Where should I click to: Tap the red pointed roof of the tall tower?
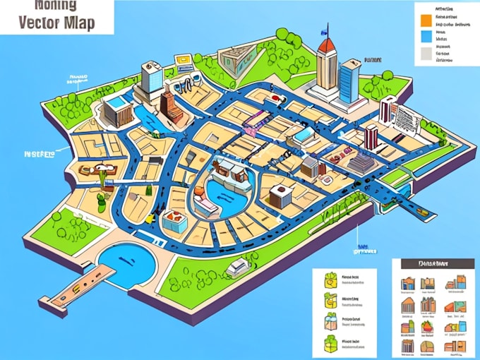click(x=326, y=45)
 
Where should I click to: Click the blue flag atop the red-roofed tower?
click(x=325, y=30)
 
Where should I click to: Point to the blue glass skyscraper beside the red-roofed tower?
click(x=349, y=81)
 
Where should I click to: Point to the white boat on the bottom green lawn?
click(x=239, y=266)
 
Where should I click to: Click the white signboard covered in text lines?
click(x=404, y=116)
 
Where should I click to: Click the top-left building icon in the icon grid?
click(x=407, y=284)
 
